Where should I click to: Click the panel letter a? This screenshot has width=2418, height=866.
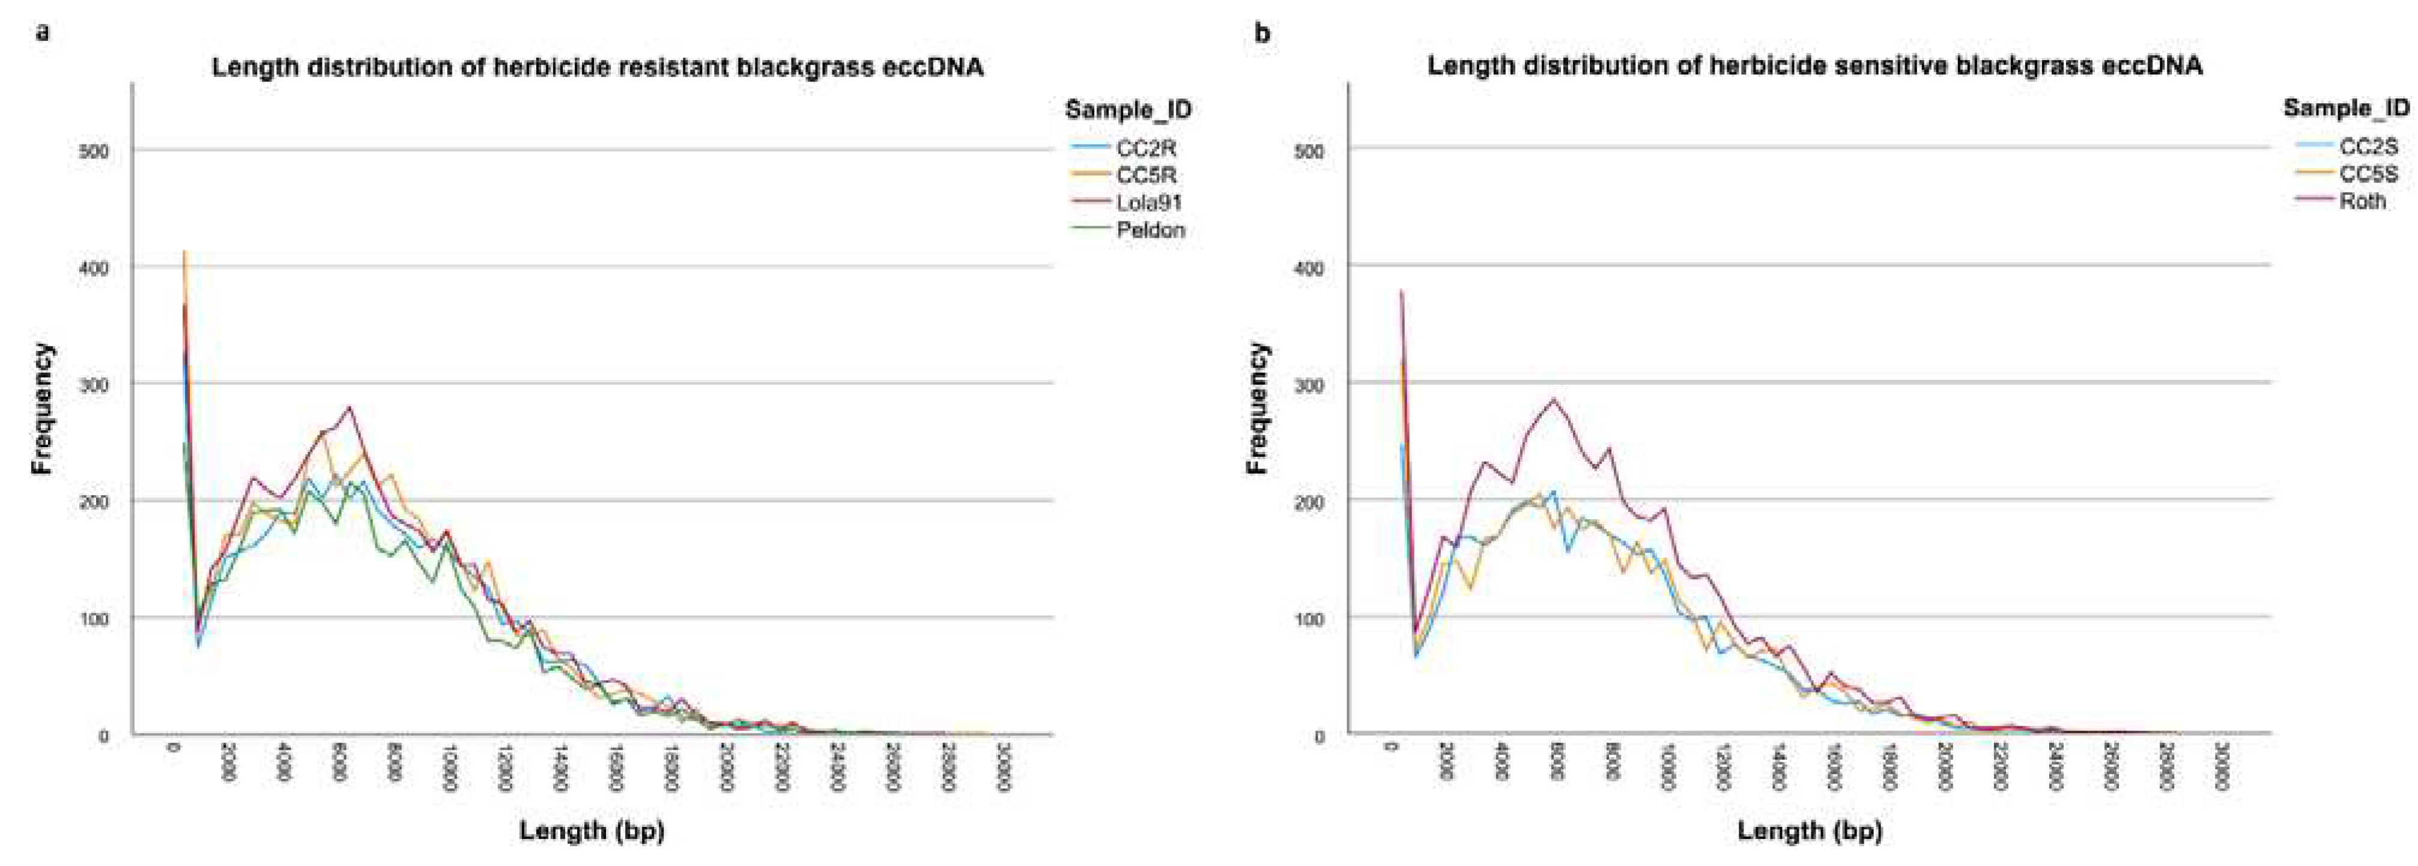(x=42, y=33)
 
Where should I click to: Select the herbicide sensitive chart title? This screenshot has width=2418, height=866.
(x=1814, y=65)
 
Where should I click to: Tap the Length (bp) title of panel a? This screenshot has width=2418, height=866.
(x=592, y=831)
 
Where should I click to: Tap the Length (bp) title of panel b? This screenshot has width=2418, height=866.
(x=1810, y=831)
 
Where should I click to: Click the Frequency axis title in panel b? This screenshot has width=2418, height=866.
(x=1258, y=408)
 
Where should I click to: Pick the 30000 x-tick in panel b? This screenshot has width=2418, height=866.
(x=2220, y=768)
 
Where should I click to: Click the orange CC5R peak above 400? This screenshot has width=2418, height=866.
(x=185, y=253)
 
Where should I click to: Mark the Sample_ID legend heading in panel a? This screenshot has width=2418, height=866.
(x=1129, y=110)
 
